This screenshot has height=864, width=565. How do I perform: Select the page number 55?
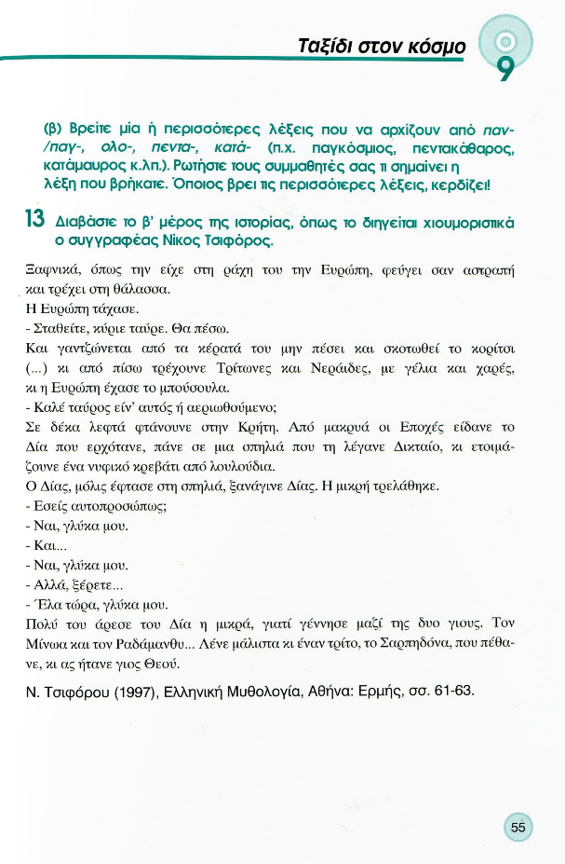coord(518,826)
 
